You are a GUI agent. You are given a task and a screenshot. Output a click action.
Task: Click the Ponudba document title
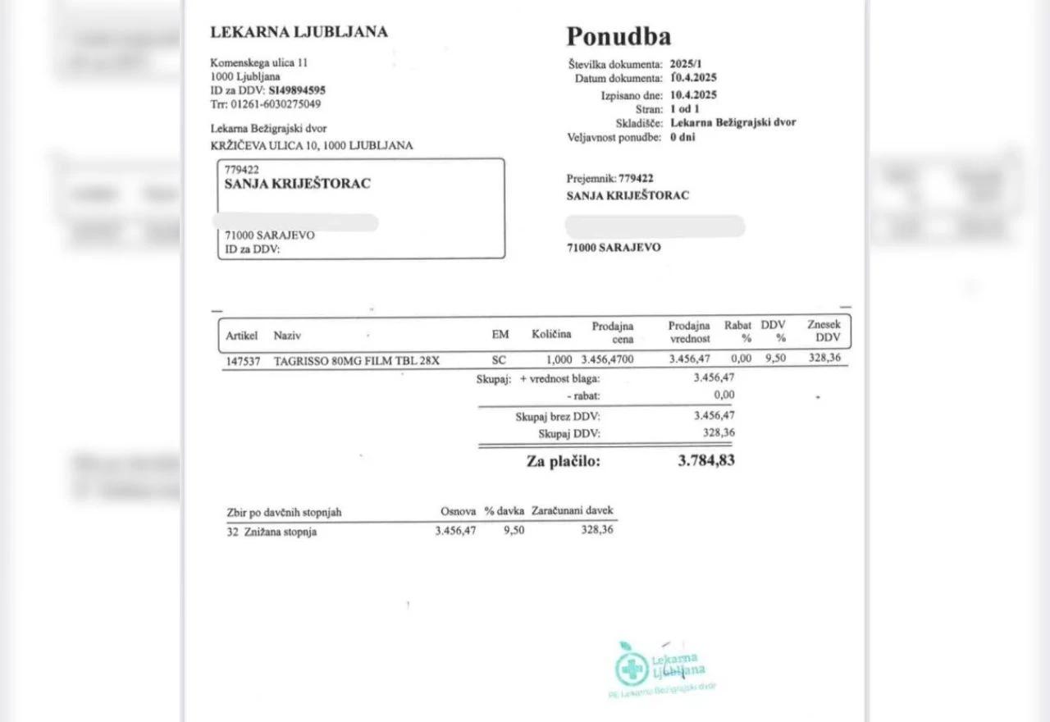coord(619,36)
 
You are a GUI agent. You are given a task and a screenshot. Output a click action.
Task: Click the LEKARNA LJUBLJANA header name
coord(299,33)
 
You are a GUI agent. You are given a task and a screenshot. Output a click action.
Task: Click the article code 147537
coord(242,360)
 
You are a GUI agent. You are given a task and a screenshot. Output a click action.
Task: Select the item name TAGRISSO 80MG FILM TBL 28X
coord(357,360)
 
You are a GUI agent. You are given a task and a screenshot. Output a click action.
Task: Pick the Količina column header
coord(550,335)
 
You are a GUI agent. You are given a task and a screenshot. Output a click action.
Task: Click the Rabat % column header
coord(738,331)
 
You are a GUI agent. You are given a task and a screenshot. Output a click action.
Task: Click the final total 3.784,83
coord(706,460)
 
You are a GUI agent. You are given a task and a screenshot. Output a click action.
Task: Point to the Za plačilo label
coord(564,461)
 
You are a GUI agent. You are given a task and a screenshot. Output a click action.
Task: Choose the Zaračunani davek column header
coord(573,511)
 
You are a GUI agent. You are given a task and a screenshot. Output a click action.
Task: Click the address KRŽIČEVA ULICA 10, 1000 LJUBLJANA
coord(312,145)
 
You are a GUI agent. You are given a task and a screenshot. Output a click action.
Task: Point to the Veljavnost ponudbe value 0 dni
coord(682,137)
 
